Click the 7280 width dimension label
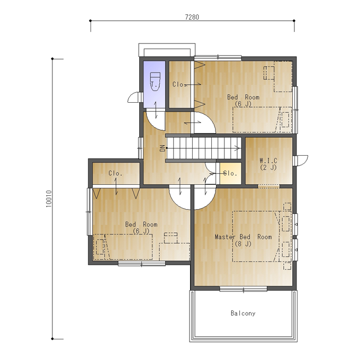(x=192, y=17)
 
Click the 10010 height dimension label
(x=49, y=199)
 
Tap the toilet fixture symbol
(x=155, y=82)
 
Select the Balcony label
(x=243, y=313)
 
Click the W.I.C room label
(x=268, y=160)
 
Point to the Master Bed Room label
(x=244, y=237)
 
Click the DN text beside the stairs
(x=163, y=148)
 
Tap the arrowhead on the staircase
(x=238, y=148)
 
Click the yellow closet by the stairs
(x=230, y=173)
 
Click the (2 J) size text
(x=268, y=167)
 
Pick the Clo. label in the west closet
(x=115, y=173)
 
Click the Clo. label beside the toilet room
(x=179, y=85)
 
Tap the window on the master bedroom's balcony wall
(x=244, y=289)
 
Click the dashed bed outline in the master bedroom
(x=256, y=237)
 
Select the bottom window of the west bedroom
(x=142, y=264)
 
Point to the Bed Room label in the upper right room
(x=244, y=97)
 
